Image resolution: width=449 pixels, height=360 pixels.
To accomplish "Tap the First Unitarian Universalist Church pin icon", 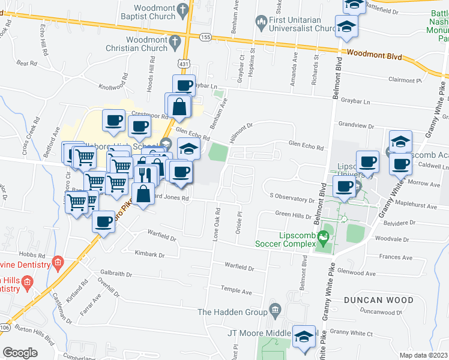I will (261, 24).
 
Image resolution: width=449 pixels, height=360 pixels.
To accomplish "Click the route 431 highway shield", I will (184, 62).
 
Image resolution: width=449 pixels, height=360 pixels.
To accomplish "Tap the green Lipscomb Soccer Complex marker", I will (325, 238).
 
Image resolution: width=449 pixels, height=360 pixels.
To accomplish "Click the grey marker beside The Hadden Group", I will (275, 311).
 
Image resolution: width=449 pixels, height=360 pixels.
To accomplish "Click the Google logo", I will (20, 352).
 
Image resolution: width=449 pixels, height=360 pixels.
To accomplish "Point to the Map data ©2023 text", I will (424, 355).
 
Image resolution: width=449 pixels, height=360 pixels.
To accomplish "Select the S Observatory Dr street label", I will (292, 196).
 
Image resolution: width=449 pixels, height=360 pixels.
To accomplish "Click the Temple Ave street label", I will (238, 292).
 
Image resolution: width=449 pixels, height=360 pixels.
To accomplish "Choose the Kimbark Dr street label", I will (149, 254).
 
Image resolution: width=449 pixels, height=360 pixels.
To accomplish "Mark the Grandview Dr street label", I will (356, 127).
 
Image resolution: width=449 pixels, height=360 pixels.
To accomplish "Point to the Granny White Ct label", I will (351, 332).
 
